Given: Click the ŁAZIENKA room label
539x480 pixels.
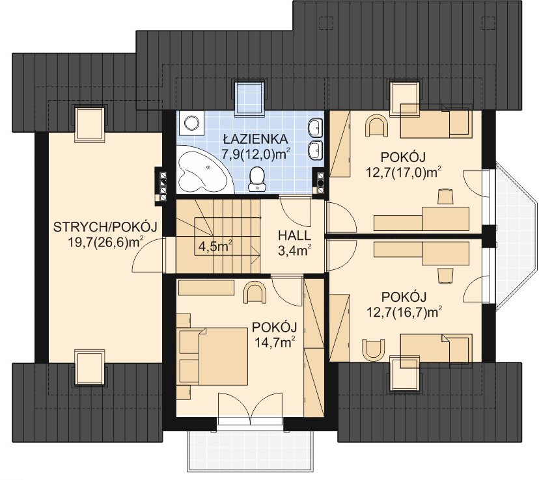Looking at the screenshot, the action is point(255,139).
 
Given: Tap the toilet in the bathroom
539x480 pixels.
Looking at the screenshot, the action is point(257,179).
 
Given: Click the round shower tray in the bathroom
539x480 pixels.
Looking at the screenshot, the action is point(191,122).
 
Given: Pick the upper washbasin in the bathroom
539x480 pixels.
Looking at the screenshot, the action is point(315,128).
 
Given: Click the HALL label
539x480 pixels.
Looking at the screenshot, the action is point(295,235).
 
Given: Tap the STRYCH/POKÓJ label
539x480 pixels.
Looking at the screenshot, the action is point(105,227).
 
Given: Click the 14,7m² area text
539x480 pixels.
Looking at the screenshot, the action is point(275,342).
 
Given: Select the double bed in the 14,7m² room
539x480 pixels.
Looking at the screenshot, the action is point(213,356).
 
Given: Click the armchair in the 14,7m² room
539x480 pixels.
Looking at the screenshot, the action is point(255,293).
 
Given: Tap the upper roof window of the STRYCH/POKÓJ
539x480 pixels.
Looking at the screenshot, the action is point(90,124).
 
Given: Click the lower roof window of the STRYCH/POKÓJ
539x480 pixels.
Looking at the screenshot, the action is point(90,366).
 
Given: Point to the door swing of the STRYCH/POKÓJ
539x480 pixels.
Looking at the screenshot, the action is point(148,255).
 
